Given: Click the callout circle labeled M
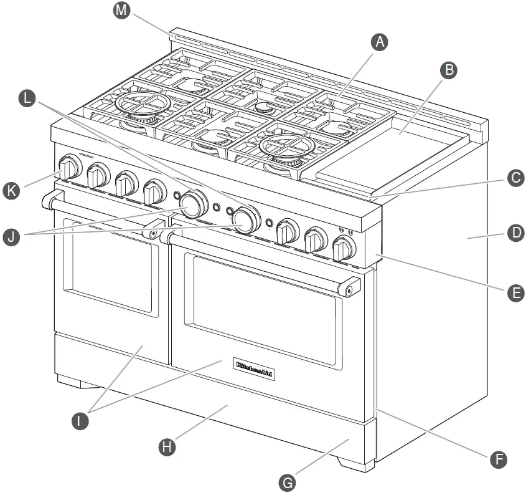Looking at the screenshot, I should (x=123, y=12).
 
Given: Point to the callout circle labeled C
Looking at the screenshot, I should (x=514, y=178).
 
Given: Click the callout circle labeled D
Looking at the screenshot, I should (x=514, y=234).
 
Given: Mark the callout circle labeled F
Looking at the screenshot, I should (x=497, y=459).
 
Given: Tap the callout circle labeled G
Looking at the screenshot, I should (x=287, y=482).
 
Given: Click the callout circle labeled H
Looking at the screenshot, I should (x=166, y=446).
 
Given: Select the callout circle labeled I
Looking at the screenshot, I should (x=79, y=421).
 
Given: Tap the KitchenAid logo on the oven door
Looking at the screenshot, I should (x=254, y=369).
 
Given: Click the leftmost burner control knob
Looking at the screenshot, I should (x=70, y=168).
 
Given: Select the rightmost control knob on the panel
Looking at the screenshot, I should (x=343, y=250).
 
